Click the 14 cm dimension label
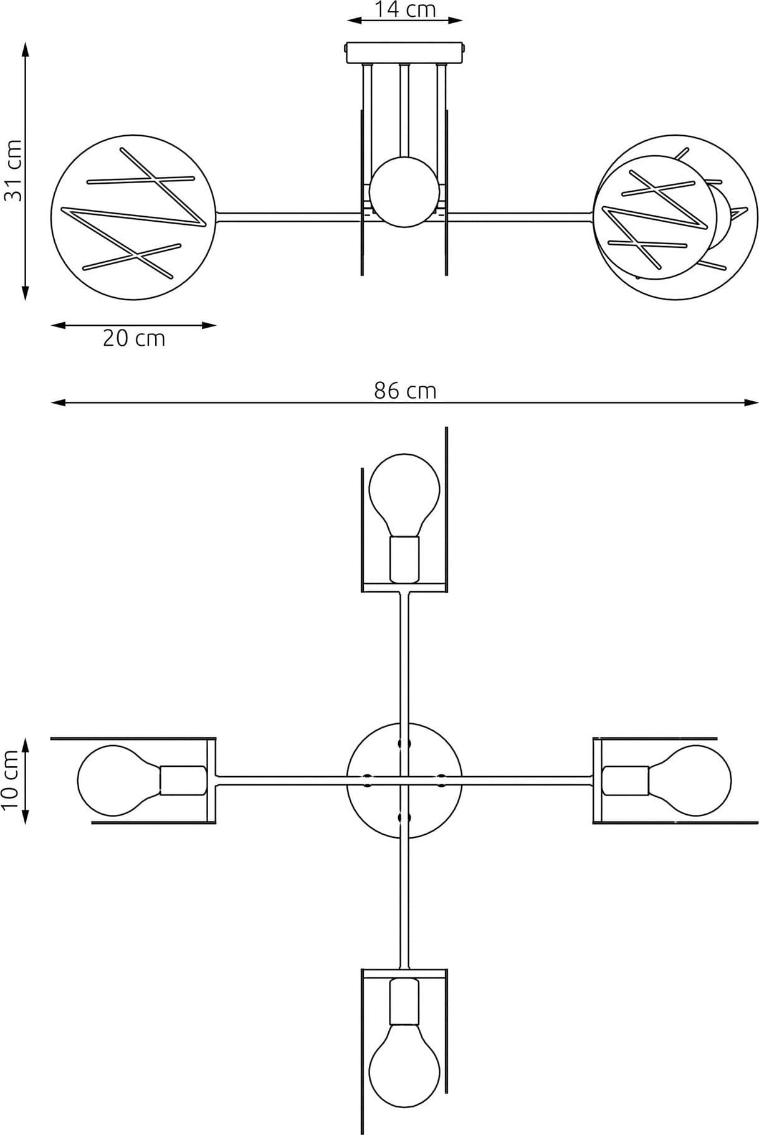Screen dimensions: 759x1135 tap(405, 9)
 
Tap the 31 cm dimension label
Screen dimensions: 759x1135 tap(13, 169)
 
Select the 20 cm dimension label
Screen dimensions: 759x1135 tap(134, 338)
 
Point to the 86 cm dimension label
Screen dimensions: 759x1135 tap(405, 391)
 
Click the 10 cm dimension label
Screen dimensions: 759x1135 tap(11, 780)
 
